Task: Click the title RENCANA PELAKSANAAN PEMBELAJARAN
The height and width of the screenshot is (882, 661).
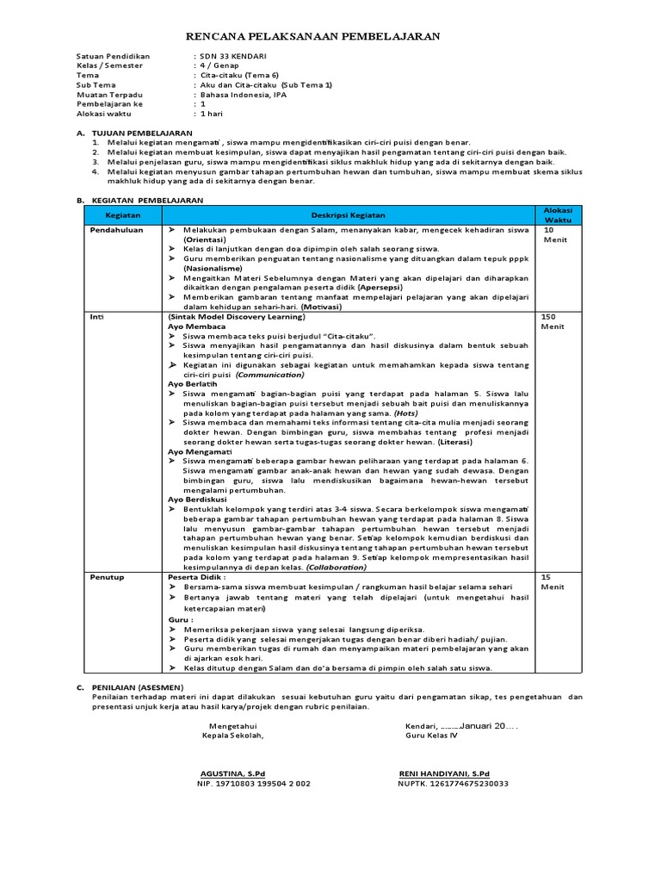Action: click(313, 36)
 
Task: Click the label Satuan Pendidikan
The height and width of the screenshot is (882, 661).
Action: click(113, 56)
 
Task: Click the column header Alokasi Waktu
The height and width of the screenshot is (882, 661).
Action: click(558, 214)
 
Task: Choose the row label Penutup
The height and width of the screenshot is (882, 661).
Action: click(108, 576)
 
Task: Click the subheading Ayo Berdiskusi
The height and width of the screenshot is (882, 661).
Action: click(198, 500)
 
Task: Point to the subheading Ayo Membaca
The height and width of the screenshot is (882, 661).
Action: click(196, 327)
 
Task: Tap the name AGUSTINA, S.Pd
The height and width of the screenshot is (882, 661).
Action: click(232, 773)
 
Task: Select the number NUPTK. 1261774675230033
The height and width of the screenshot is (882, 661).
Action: click(453, 784)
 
